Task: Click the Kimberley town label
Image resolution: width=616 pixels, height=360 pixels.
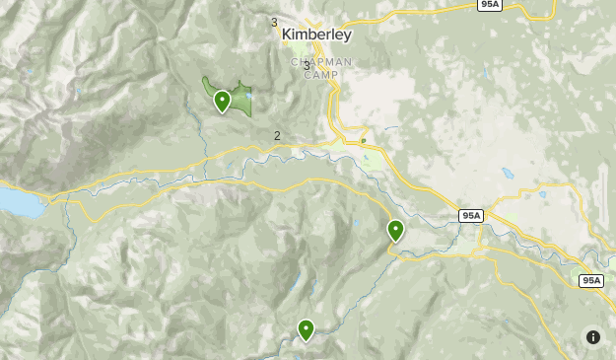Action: point(315,35)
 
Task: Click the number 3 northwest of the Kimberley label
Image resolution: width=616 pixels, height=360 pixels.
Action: point(274,22)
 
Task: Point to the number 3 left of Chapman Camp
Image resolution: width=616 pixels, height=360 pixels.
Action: point(306,66)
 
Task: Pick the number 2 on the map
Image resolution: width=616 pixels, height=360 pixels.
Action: point(277,136)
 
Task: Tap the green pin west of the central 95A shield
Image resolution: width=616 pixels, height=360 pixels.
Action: point(395,230)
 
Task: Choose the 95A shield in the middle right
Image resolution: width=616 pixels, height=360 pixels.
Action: point(471,215)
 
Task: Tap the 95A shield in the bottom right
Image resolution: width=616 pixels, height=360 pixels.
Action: point(590,280)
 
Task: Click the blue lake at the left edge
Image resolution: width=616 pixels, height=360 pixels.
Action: point(15,202)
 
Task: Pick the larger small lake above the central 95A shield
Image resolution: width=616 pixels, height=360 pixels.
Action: point(509,174)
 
